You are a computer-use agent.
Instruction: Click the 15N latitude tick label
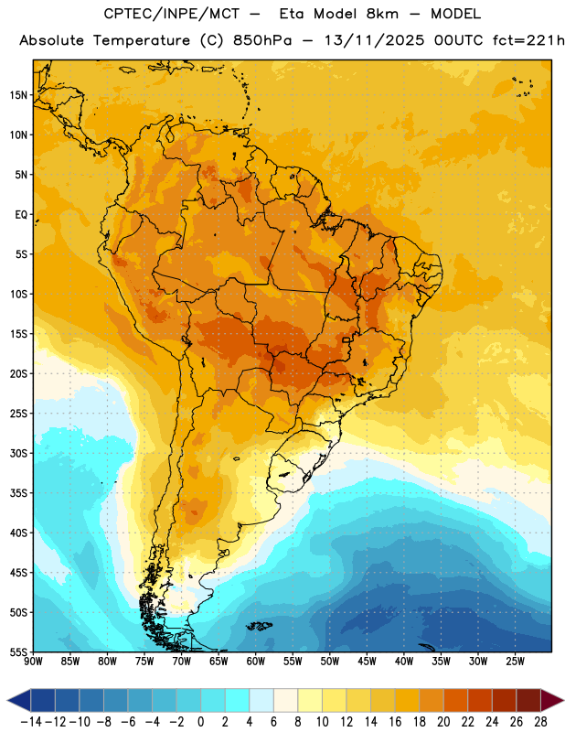[18, 95]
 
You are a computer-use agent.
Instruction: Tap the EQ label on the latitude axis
[21, 215]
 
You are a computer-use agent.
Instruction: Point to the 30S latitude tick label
[18, 453]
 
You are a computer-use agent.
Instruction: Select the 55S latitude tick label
[18, 651]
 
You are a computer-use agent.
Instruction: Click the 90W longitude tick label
[33, 661]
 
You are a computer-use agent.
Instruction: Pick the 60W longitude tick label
[255, 661]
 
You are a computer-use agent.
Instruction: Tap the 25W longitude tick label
[515, 661]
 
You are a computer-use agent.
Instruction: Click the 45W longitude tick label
[367, 661]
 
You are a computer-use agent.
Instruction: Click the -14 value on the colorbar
[31, 722]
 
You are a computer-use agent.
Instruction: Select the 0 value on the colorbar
[200, 722]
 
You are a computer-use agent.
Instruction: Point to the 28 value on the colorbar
[540, 722]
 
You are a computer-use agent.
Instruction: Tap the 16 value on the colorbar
[395, 722]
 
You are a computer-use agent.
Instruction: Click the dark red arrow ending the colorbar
[552, 700]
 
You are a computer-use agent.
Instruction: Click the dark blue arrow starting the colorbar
[18, 700]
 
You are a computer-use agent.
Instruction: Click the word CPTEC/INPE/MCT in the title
[172, 14]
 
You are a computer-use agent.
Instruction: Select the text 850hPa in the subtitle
[262, 40]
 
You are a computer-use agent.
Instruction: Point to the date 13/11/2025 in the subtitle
[374, 40]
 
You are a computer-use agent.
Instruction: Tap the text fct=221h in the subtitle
[528, 40]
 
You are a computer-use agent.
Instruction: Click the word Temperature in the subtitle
[142, 41]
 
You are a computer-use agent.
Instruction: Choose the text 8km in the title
[382, 14]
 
